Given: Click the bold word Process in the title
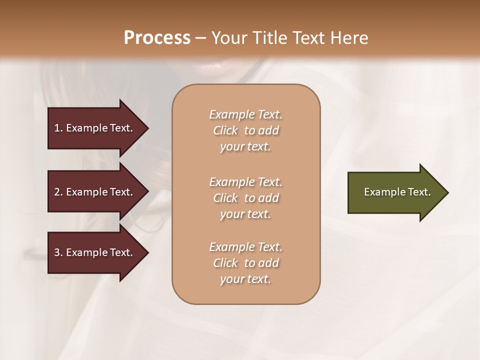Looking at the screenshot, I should [157, 38].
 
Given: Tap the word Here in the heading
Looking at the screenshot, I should [348, 38].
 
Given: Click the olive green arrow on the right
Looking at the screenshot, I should [395, 192].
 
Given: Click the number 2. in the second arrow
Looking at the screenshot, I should [58, 192].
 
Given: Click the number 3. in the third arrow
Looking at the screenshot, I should [58, 252].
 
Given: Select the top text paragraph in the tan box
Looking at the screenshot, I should [245, 130].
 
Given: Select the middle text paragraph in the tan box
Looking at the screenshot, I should [245, 198].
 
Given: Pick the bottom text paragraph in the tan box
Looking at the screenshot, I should [245, 263].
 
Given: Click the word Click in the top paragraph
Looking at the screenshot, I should [225, 130].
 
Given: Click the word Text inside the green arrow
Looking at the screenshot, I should [419, 192].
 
